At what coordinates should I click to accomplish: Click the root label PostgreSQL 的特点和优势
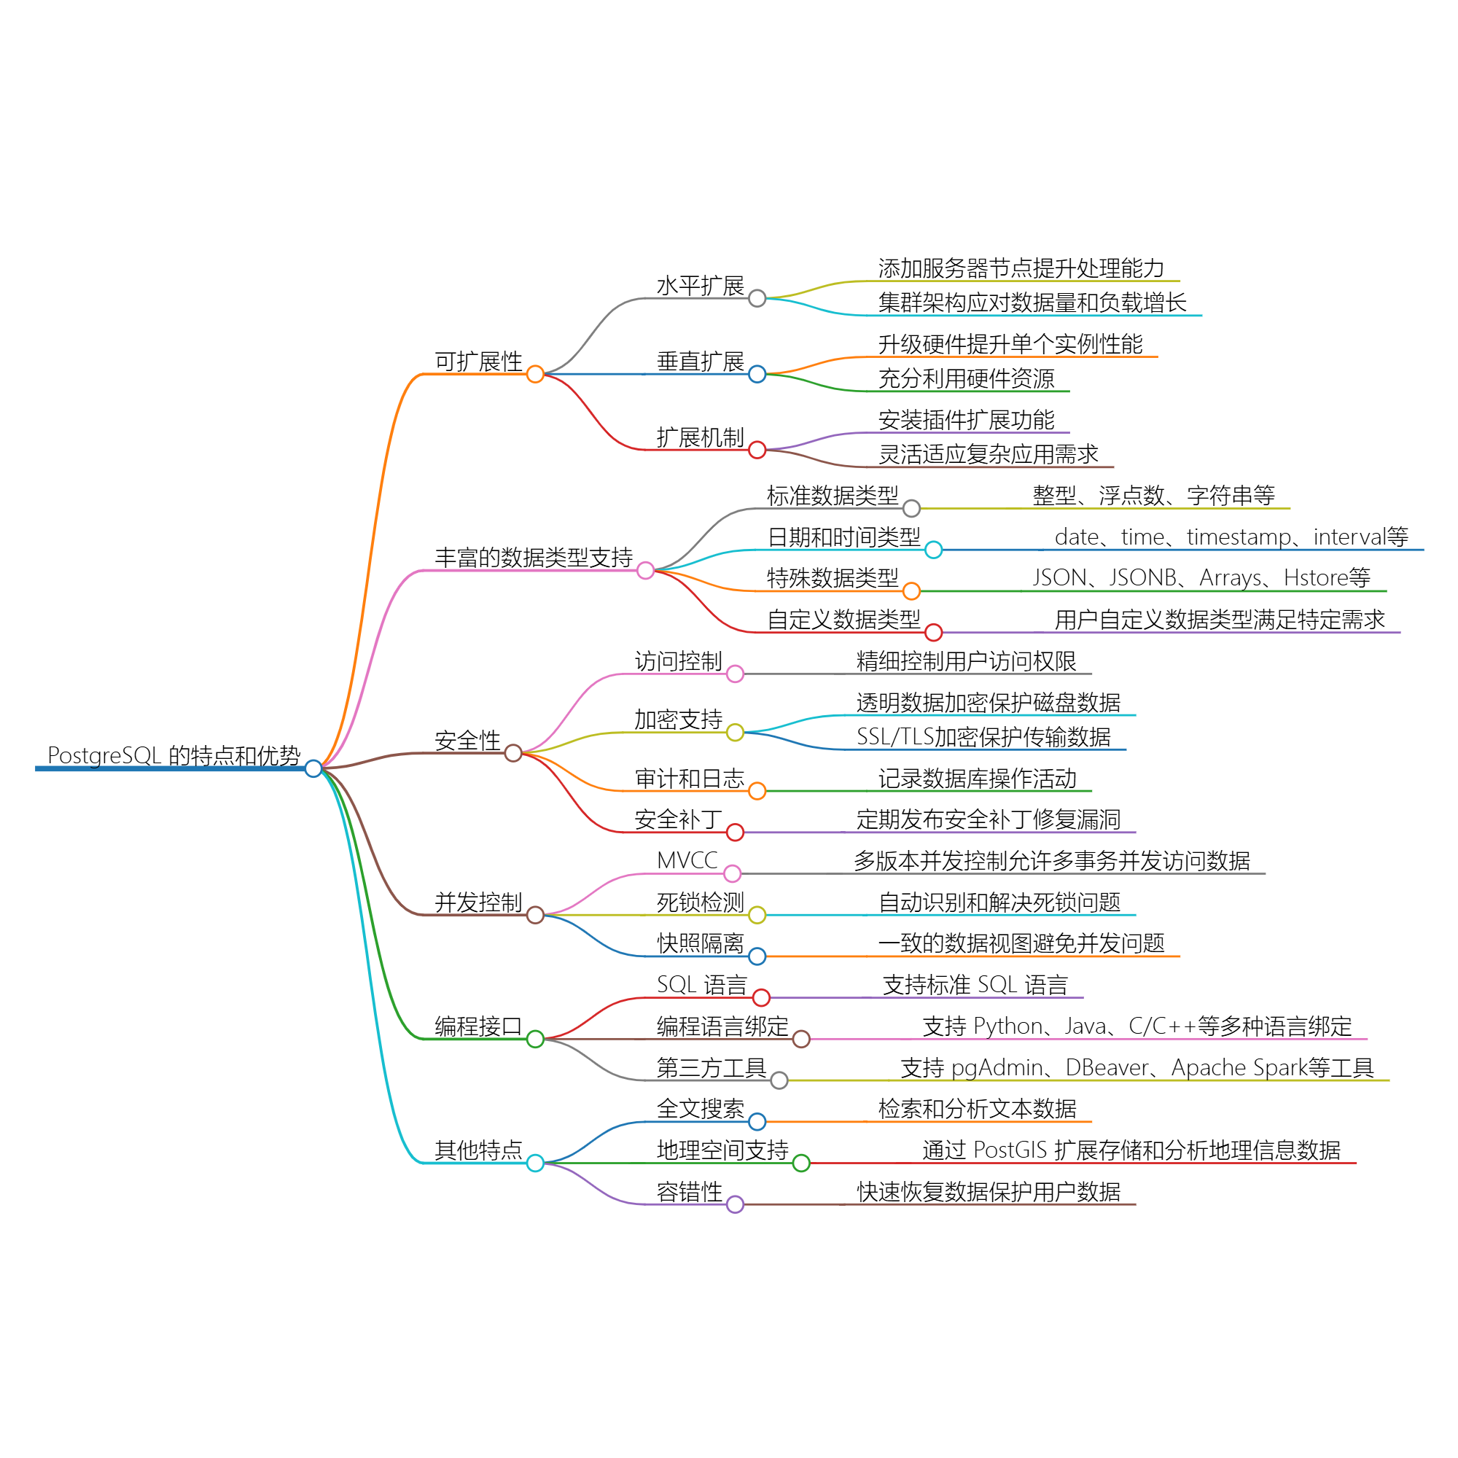tap(174, 755)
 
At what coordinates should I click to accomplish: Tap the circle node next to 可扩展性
tap(535, 374)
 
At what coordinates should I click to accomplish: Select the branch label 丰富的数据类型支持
tap(534, 558)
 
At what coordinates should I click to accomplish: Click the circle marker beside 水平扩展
tap(757, 299)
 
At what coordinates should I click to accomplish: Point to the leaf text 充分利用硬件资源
tap(966, 379)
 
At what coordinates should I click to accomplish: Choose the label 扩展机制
tap(701, 437)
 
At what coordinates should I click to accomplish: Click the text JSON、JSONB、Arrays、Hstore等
tap(1201, 578)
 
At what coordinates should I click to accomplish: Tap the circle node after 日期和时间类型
tap(934, 550)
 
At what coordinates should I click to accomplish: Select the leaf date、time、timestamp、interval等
tap(1231, 537)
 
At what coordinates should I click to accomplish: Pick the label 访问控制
tap(679, 662)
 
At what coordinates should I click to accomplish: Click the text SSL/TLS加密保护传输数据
tap(983, 737)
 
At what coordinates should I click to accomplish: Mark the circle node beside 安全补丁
tap(735, 833)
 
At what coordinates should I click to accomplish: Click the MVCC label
tap(687, 860)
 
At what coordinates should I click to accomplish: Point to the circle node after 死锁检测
tap(757, 916)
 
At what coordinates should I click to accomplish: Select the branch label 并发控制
tap(478, 903)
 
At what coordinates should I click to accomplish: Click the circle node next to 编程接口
tap(535, 1039)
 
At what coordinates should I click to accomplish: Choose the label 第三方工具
tap(712, 1068)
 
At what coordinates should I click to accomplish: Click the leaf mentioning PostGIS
tap(1131, 1150)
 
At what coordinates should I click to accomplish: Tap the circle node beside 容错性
tap(735, 1204)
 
